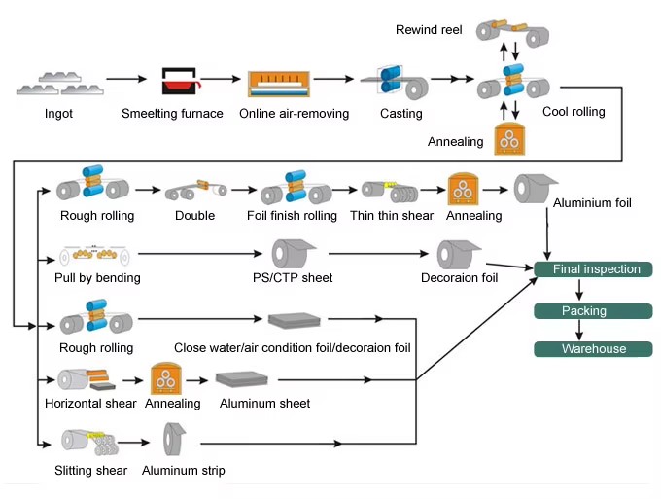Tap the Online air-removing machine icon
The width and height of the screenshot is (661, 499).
pyautogui.click(x=279, y=84)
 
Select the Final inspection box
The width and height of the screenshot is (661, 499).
pyautogui.click(x=593, y=269)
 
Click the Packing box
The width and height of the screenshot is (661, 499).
pyautogui.click(x=593, y=311)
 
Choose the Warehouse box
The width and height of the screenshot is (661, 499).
pyautogui.click(x=593, y=349)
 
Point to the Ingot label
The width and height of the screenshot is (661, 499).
pyautogui.click(x=58, y=114)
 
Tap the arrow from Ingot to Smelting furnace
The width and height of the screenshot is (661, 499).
pyautogui.click(x=126, y=79)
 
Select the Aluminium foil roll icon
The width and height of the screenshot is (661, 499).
pyautogui.click(x=536, y=188)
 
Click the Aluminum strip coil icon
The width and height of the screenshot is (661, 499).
pyautogui.click(x=174, y=439)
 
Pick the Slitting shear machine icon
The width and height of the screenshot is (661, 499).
pyautogui.click(x=89, y=443)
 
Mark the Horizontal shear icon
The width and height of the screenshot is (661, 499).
pyautogui.click(x=87, y=379)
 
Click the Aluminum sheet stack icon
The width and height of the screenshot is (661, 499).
pyautogui.click(x=241, y=379)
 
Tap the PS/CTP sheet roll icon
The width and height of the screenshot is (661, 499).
pyautogui.click(x=294, y=254)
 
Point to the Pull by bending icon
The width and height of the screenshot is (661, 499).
pyautogui.click(x=94, y=255)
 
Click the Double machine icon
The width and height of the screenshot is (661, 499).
pyautogui.click(x=195, y=191)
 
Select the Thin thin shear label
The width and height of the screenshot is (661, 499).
pyautogui.click(x=392, y=216)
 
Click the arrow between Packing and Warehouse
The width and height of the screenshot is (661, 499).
pyautogui.click(x=579, y=330)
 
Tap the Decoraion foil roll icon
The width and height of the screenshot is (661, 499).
pyautogui.click(x=459, y=254)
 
